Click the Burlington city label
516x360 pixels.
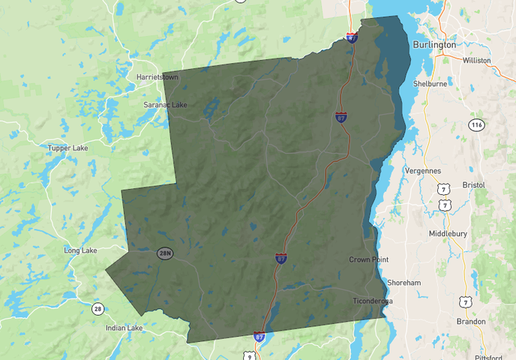click(x=433, y=44)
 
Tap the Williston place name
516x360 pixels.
click(x=477, y=60)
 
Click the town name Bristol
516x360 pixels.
click(x=474, y=184)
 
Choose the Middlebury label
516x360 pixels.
click(x=448, y=233)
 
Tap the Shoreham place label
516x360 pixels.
click(x=403, y=282)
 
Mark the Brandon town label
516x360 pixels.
click(x=471, y=321)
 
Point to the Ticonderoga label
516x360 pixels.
click(x=373, y=301)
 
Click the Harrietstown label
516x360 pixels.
click(x=156, y=76)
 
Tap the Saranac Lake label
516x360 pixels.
click(x=165, y=105)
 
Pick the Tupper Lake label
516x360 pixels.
click(x=67, y=148)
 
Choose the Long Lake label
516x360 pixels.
click(x=81, y=250)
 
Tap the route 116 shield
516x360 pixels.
click(x=476, y=124)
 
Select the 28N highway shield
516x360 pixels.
click(x=165, y=253)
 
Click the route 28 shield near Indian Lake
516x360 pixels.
click(x=97, y=308)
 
